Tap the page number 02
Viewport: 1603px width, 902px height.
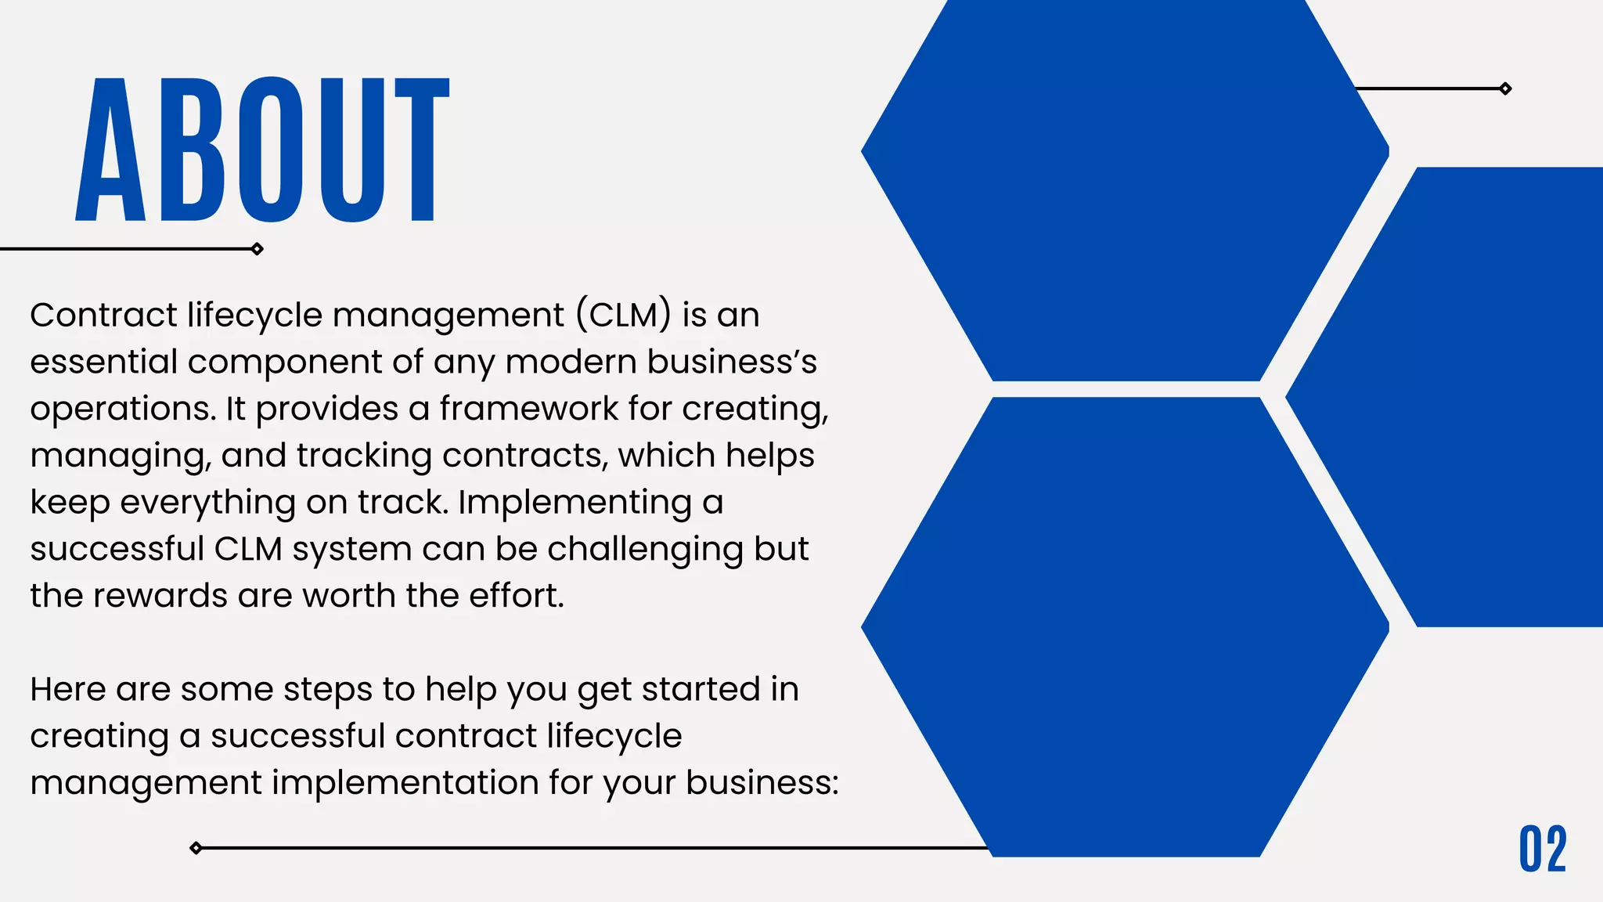[1543, 849]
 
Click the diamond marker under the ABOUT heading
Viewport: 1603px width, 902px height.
[257, 249]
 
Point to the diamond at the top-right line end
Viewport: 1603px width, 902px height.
[1505, 88]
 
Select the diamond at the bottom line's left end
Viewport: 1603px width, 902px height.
[196, 848]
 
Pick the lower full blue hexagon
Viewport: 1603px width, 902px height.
[1125, 626]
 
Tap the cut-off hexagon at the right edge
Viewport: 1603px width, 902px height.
[1472, 396]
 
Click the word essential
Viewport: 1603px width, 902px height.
[103, 362]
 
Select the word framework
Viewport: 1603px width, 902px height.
[528, 409]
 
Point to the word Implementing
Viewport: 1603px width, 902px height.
[575, 503]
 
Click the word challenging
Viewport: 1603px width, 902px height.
[645, 550]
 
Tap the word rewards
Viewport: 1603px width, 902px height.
[161, 596]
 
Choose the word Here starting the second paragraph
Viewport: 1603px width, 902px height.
[67, 690]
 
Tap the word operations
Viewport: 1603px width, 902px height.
[122, 410]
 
